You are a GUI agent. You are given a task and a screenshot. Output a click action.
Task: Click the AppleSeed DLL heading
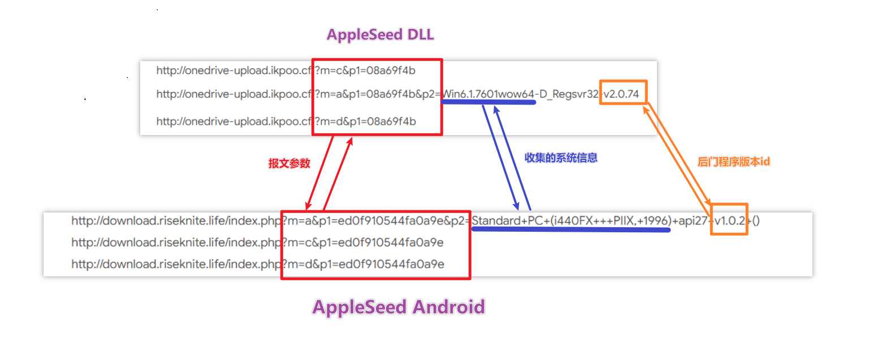pyautogui.click(x=380, y=34)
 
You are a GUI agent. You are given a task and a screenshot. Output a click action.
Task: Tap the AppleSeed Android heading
pyautogui.click(x=399, y=307)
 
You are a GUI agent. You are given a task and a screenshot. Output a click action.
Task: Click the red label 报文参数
pyautogui.click(x=289, y=163)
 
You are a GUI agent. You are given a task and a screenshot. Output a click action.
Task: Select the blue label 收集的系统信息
pyautogui.click(x=561, y=158)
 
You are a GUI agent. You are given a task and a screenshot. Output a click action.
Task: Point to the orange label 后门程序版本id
pyautogui.click(x=734, y=162)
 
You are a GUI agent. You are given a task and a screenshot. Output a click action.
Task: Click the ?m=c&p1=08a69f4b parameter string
pyautogui.click(x=365, y=70)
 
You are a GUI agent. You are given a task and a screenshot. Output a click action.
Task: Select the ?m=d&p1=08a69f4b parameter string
pyautogui.click(x=365, y=121)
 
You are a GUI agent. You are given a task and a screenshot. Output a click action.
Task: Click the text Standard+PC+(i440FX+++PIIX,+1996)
pyautogui.click(x=571, y=220)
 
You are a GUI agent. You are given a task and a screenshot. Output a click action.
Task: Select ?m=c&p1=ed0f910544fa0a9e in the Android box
pyautogui.click(x=362, y=242)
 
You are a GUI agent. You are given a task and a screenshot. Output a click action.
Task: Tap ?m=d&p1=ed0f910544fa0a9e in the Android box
pyautogui.click(x=362, y=264)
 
